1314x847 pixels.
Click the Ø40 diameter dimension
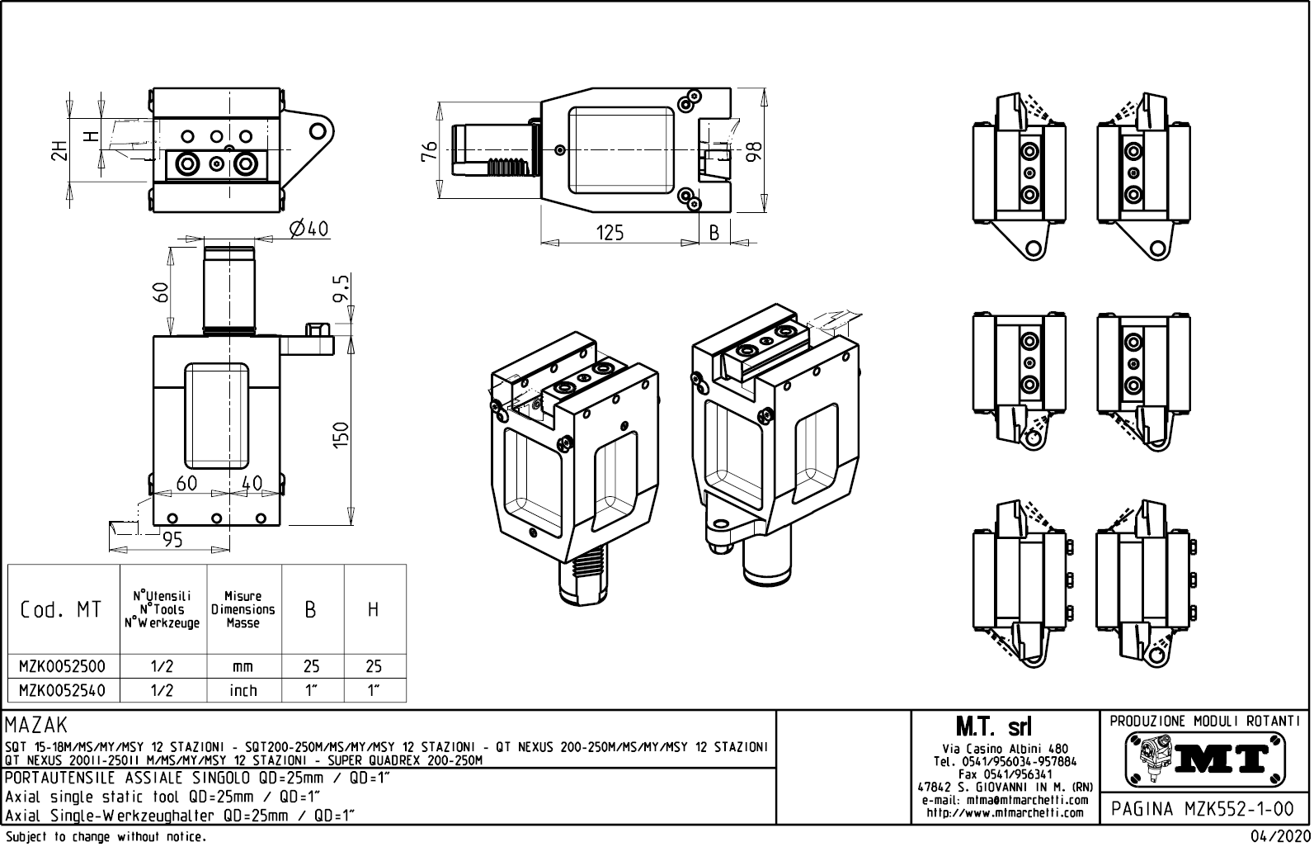click(308, 229)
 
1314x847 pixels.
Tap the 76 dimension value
click(428, 150)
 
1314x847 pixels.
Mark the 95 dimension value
click(172, 540)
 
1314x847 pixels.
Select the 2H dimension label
click(59, 150)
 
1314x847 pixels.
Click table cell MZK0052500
click(63, 666)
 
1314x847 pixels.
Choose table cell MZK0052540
click(63, 690)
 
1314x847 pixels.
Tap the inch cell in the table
click(243, 690)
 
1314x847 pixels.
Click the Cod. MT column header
click(61, 610)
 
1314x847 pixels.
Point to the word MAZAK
click(36, 726)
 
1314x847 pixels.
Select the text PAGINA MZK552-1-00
click(1203, 809)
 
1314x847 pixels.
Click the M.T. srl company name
click(993, 727)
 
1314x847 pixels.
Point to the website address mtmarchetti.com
click(1005, 812)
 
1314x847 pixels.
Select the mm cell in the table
click(243, 666)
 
